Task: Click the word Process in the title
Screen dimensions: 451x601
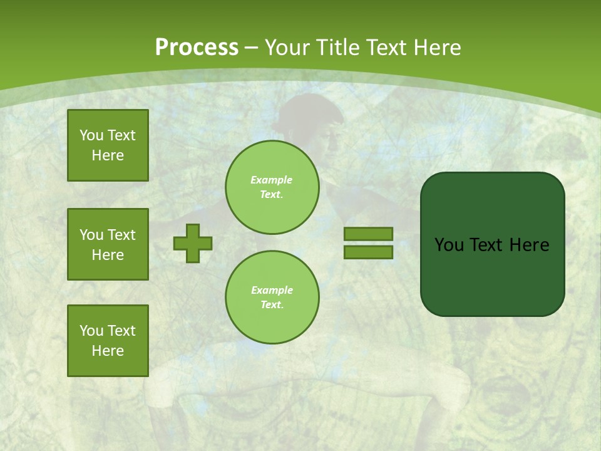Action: (x=197, y=48)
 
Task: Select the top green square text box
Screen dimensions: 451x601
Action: (x=108, y=145)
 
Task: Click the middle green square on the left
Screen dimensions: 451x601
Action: (x=108, y=244)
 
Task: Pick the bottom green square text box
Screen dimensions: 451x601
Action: (x=108, y=341)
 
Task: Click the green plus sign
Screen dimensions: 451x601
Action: (x=193, y=243)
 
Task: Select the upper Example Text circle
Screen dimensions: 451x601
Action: (x=272, y=187)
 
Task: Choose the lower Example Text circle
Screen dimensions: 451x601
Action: (x=272, y=297)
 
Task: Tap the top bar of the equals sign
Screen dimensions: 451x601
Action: (x=368, y=234)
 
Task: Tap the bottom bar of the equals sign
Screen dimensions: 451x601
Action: (x=368, y=252)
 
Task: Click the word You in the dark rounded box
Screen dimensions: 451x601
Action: (x=449, y=245)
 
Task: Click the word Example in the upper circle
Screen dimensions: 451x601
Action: (x=272, y=180)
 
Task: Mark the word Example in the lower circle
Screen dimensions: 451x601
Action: (x=272, y=290)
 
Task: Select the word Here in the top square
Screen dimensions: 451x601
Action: (x=108, y=155)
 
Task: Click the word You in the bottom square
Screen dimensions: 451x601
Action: (x=91, y=331)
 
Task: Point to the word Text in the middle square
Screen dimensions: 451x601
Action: (x=121, y=235)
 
